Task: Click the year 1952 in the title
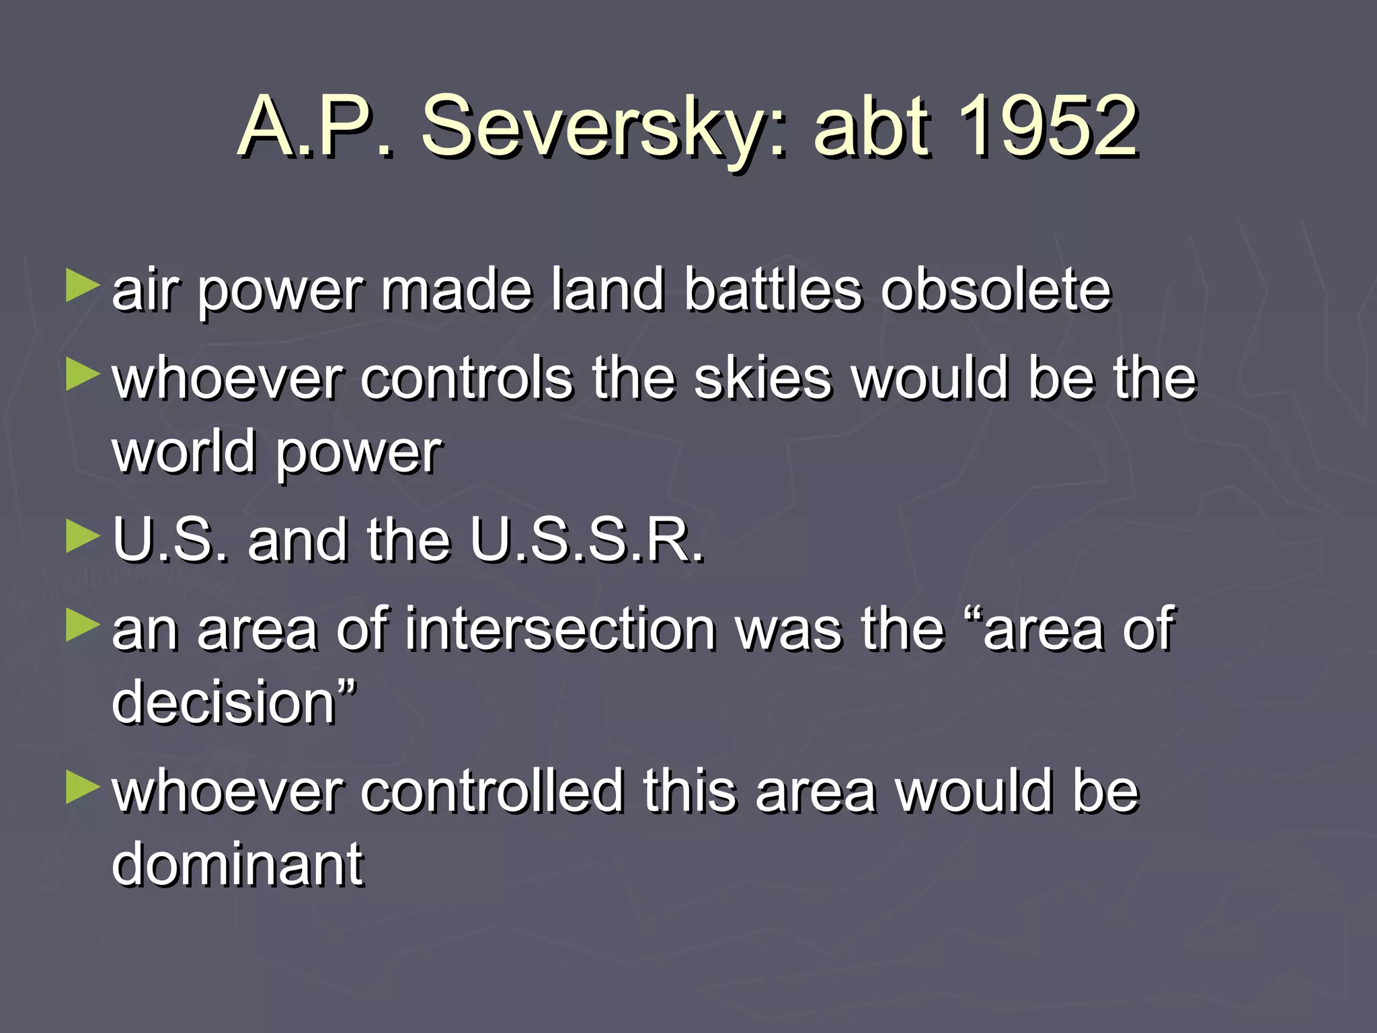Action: [x=1048, y=126]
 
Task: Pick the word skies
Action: [x=762, y=379]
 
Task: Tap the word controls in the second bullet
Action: [x=467, y=379]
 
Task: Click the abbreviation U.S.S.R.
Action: [x=586, y=540]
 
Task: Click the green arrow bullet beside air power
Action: [x=83, y=286]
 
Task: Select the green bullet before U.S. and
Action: [x=83, y=537]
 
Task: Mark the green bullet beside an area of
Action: [x=83, y=625]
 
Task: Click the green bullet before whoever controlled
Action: [x=83, y=788]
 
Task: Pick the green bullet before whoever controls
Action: [x=83, y=375]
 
